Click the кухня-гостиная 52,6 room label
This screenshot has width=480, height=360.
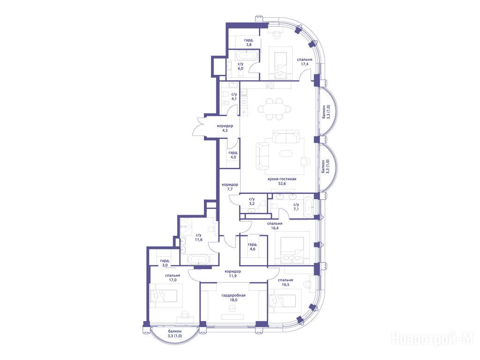282,181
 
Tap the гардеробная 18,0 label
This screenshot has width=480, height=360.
233,298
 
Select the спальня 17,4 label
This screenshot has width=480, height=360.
305,62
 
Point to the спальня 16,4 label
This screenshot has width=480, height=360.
275,225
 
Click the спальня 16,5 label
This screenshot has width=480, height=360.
285,282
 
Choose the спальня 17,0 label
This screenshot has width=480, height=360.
172,277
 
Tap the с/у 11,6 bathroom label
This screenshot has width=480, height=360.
199,237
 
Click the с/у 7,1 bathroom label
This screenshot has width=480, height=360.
296,207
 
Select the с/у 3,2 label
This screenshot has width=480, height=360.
252,201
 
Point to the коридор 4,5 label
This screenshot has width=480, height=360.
225,128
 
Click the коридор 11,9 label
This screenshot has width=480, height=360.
232,273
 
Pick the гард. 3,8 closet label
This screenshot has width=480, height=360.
248,42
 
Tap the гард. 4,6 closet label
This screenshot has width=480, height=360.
252,247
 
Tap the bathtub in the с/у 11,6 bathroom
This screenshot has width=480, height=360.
199,260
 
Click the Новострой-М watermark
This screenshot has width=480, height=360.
433,339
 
